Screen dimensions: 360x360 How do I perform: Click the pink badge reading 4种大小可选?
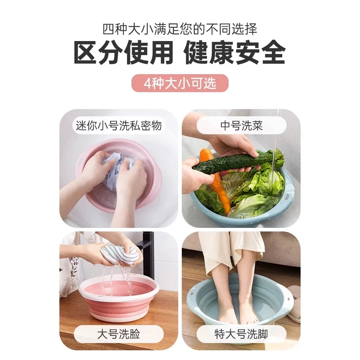point(180,83)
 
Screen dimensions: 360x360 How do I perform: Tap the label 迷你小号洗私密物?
point(119,126)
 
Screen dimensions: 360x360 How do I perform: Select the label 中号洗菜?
point(241,126)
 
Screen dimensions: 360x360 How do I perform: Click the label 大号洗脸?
point(118,334)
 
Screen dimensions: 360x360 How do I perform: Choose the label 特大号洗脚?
point(241,334)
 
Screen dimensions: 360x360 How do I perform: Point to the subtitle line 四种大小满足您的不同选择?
point(180,29)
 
